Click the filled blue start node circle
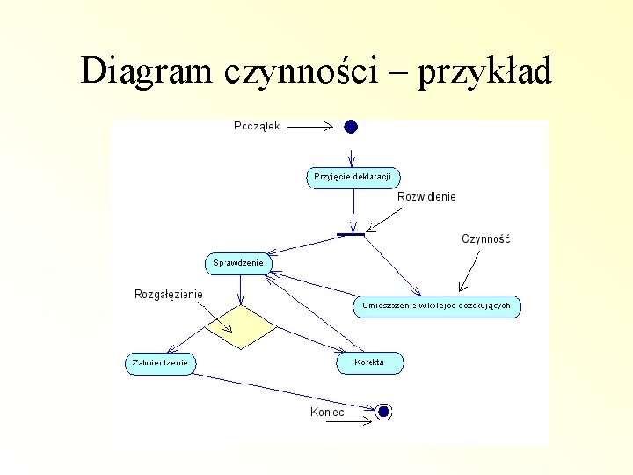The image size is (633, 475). [351, 127]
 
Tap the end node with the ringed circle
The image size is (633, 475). [382, 411]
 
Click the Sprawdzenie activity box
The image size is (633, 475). [239, 262]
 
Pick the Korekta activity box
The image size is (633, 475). [369, 362]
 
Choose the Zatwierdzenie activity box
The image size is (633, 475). [161, 362]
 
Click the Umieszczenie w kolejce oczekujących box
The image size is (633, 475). [437, 306]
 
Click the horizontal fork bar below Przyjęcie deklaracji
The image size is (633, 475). [351, 234]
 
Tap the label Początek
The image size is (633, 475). [257, 127]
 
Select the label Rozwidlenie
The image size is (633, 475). [426, 196]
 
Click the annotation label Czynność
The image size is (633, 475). [485, 238]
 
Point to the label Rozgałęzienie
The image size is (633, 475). [168, 294]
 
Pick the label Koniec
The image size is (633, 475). [327, 412]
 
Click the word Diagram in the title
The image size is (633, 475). [146, 70]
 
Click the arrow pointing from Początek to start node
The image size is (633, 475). [309, 127]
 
